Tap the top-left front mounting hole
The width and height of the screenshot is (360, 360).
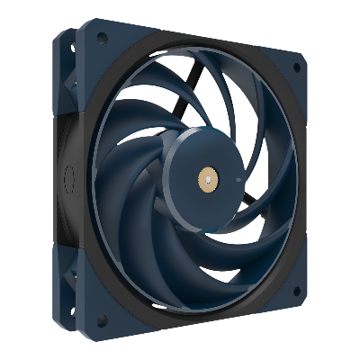[103, 40]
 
